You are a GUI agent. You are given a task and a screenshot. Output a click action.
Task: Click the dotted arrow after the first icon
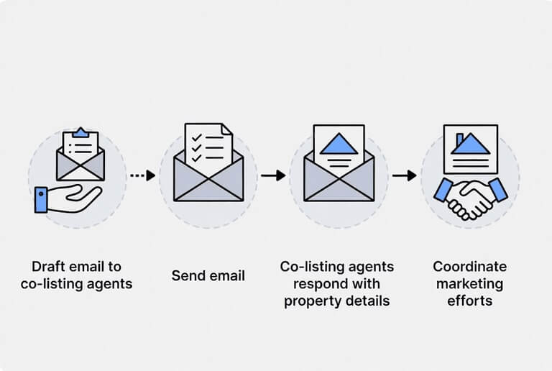point(142,175)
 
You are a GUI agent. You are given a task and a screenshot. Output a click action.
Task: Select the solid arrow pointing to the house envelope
point(272,175)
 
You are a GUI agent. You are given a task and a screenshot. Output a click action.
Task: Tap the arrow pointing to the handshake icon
point(405,175)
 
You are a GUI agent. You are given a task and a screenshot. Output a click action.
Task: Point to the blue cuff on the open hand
point(41,200)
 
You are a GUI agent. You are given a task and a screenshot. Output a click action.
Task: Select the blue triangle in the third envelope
point(339,143)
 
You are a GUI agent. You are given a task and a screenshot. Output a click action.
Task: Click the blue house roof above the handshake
point(471,144)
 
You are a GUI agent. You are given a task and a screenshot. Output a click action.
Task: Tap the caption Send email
point(208,275)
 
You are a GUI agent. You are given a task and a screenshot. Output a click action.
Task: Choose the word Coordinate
point(469,265)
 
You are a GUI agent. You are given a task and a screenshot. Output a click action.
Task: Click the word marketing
point(469,283)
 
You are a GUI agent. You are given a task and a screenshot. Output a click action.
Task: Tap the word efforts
point(469,301)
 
